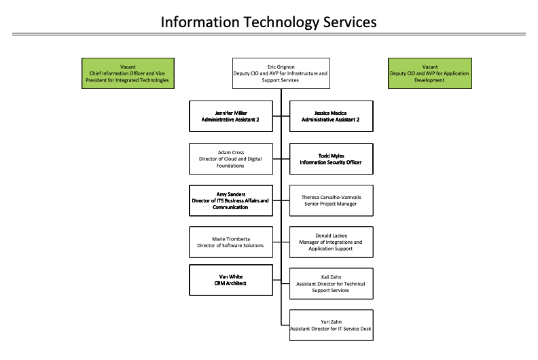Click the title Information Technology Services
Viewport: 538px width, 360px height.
[x=268, y=22]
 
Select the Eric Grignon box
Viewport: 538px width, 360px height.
[x=281, y=73]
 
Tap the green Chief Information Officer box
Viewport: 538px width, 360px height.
[x=127, y=73]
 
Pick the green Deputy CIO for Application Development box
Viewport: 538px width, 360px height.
[x=429, y=73]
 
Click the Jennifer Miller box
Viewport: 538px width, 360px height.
[x=231, y=115]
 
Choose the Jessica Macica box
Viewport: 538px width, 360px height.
[x=331, y=115]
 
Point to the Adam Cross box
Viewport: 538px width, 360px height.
[x=231, y=158]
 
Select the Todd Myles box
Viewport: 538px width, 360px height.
[x=331, y=158]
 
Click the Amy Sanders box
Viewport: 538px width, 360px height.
[x=231, y=200]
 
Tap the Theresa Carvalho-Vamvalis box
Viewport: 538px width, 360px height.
[x=331, y=200]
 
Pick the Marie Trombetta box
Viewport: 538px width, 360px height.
[x=231, y=242]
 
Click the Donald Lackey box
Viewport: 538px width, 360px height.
[x=331, y=242]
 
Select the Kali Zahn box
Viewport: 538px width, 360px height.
[x=331, y=283]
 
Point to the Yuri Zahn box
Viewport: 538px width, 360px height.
[x=331, y=325]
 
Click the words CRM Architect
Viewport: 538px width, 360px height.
[x=231, y=284]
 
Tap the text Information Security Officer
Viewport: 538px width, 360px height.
[x=331, y=162]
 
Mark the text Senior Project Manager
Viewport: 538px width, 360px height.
[x=331, y=204]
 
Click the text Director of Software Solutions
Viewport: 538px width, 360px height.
[x=231, y=245]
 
